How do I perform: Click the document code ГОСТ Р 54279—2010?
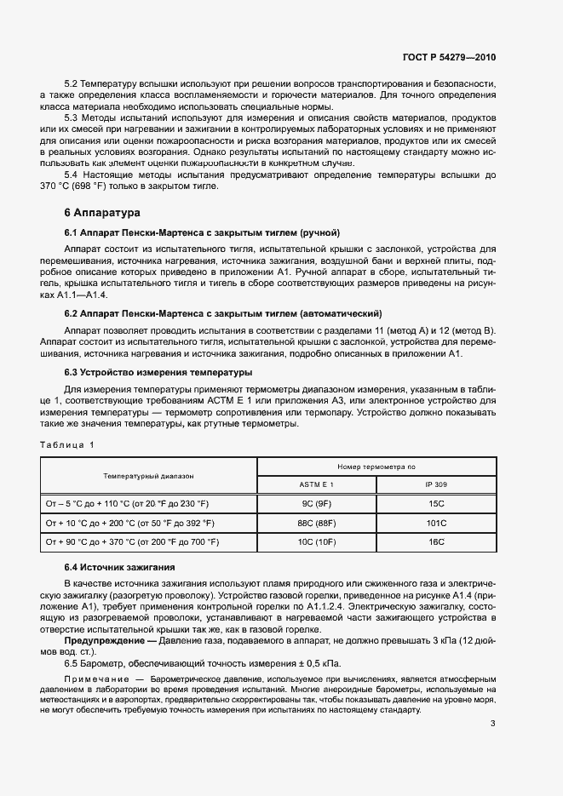tap(448, 57)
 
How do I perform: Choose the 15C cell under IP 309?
tap(437, 503)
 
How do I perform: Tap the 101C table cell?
tap(437, 523)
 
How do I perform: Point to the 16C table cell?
tap(437, 541)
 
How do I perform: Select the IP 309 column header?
tap(437, 484)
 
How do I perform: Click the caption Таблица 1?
tap(67, 444)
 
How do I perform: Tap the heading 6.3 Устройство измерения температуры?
tap(157, 372)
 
